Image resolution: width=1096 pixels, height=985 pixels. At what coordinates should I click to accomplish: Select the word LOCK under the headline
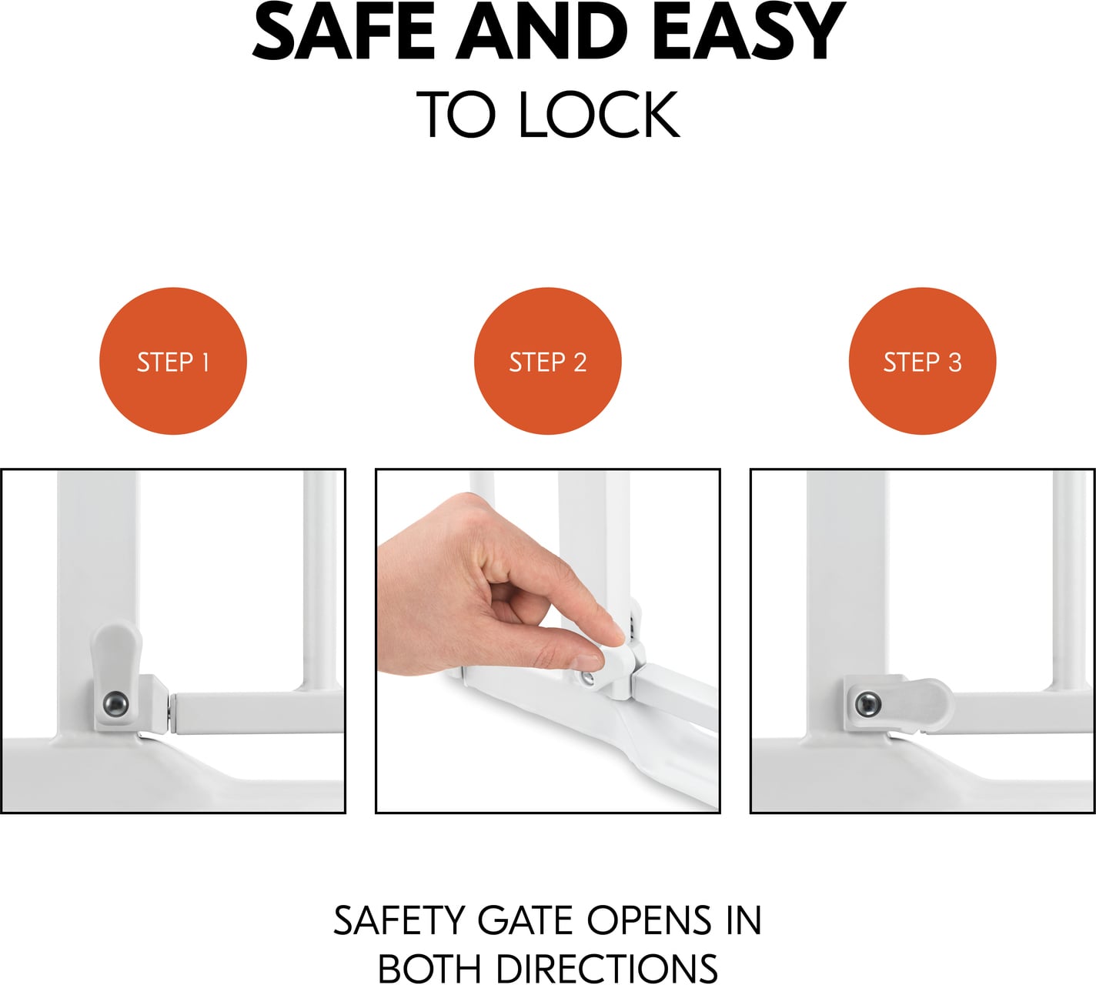[x=598, y=114]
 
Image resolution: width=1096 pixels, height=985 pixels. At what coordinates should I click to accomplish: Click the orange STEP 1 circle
[x=173, y=361]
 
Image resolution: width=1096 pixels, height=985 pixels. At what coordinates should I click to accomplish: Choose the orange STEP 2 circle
[x=547, y=361]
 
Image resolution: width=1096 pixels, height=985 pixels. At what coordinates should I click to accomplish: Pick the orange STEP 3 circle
[x=922, y=361]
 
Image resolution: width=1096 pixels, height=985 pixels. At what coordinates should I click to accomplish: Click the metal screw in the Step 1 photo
[x=116, y=703]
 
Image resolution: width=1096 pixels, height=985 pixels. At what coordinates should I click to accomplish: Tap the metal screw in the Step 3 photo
[x=867, y=703]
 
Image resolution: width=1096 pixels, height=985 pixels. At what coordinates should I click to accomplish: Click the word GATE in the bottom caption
[x=526, y=920]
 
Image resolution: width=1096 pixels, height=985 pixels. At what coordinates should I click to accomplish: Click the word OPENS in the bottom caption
[x=650, y=920]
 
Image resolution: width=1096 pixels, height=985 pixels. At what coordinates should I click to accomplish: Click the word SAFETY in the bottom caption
[x=399, y=920]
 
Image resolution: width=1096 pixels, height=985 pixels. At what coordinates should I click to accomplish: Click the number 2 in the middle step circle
[x=580, y=362]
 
